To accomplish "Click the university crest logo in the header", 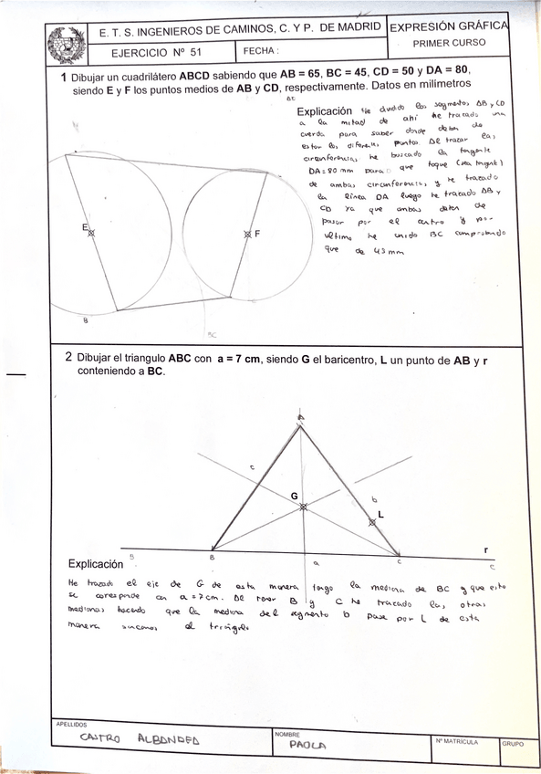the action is [66, 42].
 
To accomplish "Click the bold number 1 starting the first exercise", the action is [63, 78].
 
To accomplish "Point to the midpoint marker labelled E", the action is [91, 234].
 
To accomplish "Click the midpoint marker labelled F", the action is [247, 234].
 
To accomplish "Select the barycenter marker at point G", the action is [303, 506].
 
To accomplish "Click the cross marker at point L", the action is [371, 522].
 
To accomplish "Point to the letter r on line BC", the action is [486, 549].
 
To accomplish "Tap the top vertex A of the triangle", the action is [301, 420].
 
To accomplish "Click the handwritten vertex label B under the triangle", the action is [212, 556].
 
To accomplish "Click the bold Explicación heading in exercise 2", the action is [96, 564].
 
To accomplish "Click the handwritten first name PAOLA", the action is [307, 744].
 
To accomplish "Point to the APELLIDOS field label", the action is [72, 723].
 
